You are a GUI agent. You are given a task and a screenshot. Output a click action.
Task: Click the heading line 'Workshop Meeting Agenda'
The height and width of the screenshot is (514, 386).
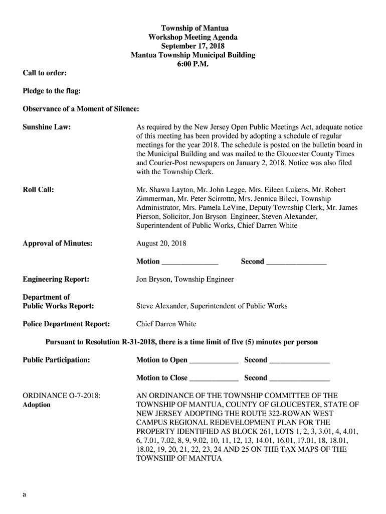point(193,37)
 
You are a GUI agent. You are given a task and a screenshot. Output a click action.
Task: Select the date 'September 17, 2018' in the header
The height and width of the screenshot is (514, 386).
point(193,46)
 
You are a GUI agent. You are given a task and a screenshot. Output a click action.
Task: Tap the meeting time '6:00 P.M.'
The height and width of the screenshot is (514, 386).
point(193,64)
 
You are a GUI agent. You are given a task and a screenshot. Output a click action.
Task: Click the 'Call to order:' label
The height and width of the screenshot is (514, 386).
point(45,73)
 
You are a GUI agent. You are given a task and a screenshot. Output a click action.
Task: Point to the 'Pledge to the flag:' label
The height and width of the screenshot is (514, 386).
point(52,91)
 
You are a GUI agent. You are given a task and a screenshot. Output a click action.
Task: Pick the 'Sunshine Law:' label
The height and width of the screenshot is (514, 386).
point(47,127)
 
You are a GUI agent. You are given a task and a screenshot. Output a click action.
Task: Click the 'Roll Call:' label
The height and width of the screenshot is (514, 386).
point(39,190)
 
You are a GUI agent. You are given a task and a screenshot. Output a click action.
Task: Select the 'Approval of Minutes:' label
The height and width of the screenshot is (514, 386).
point(58,243)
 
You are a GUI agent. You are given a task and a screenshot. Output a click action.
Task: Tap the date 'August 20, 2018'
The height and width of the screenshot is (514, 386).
point(161,243)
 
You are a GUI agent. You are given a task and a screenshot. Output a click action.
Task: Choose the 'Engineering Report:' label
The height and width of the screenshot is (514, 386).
point(56,279)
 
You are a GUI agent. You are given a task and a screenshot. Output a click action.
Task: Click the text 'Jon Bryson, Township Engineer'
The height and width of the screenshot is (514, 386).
point(185,279)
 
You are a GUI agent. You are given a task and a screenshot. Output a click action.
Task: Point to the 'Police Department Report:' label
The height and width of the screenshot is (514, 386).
point(66,324)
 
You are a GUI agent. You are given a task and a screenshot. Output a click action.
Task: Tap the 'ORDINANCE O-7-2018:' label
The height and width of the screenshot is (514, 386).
point(62,396)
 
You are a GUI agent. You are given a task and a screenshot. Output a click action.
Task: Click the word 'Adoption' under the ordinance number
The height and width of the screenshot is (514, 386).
point(37,405)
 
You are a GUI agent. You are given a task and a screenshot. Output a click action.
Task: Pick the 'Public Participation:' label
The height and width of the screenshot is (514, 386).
point(57,360)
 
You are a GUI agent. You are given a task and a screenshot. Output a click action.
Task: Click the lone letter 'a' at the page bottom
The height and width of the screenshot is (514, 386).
point(24,494)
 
